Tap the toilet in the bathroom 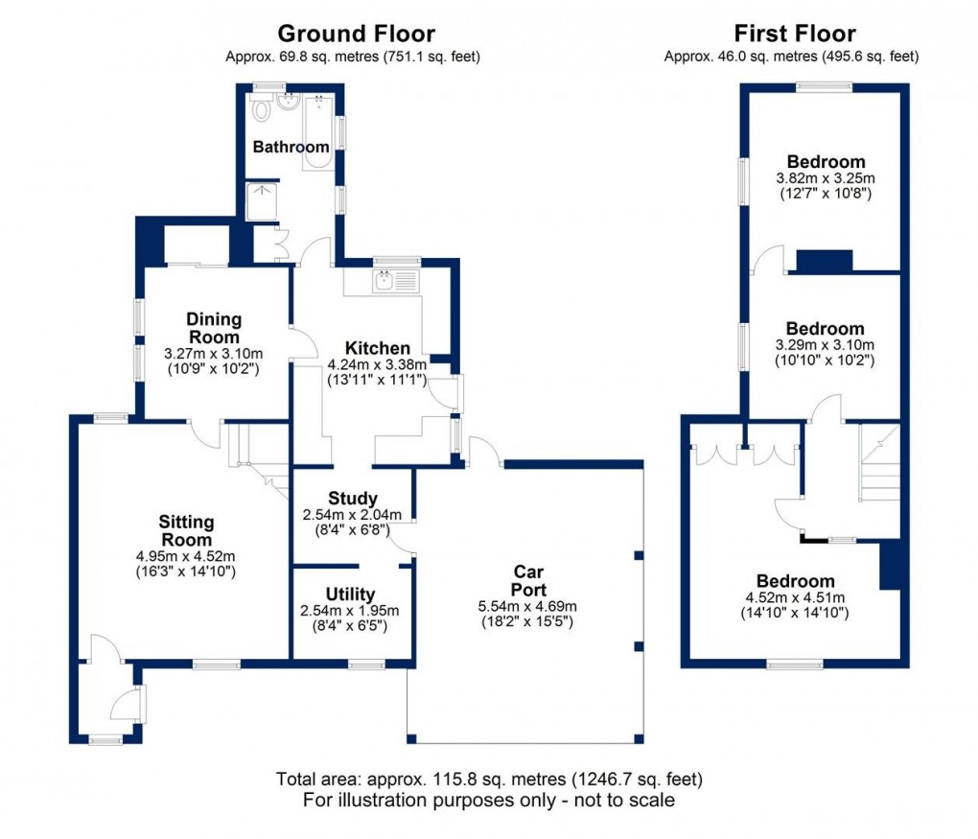point(261,109)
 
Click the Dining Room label point(214,328)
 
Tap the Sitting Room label point(187,531)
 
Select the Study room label point(352,499)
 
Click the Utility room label point(350,594)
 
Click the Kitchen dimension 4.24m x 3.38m point(377,364)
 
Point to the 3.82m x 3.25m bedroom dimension point(825,178)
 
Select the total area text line point(489,779)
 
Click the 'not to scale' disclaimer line point(489,800)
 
